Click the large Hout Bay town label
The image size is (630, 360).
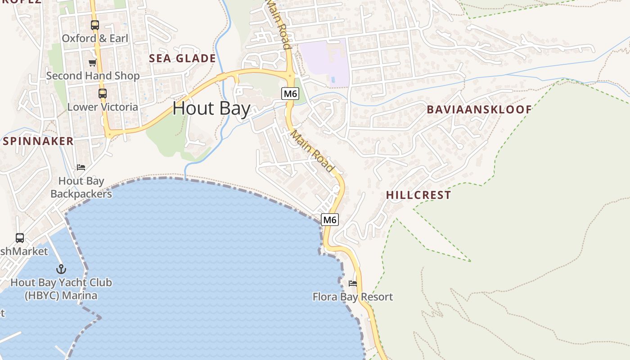point(211,109)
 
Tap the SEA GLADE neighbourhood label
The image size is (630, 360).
point(182,58)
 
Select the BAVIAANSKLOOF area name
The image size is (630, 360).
point(479,109)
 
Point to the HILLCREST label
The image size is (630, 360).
point(418,195)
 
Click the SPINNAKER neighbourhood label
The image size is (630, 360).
point(38,141)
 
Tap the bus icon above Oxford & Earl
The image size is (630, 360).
point(94,25)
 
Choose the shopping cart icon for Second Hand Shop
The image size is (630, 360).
point(92,63)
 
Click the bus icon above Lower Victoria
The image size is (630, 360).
point(103,94)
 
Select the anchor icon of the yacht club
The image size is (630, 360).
point(61,269)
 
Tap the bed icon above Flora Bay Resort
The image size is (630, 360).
point(353,283)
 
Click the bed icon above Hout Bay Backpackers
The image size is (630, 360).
point(81,167)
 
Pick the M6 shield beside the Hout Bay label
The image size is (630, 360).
point(290,94)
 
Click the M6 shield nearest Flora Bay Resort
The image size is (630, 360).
point(330,220)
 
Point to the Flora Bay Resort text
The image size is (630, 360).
point(353,297)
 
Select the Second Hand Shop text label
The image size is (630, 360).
point(93,76)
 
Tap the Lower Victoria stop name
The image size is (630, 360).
point(103,107)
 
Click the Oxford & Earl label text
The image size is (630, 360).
point(95,39)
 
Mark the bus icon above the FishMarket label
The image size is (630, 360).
point(20,238)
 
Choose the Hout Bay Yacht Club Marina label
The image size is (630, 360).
point(61,289)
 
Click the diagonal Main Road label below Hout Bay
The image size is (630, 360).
point(312,151)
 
